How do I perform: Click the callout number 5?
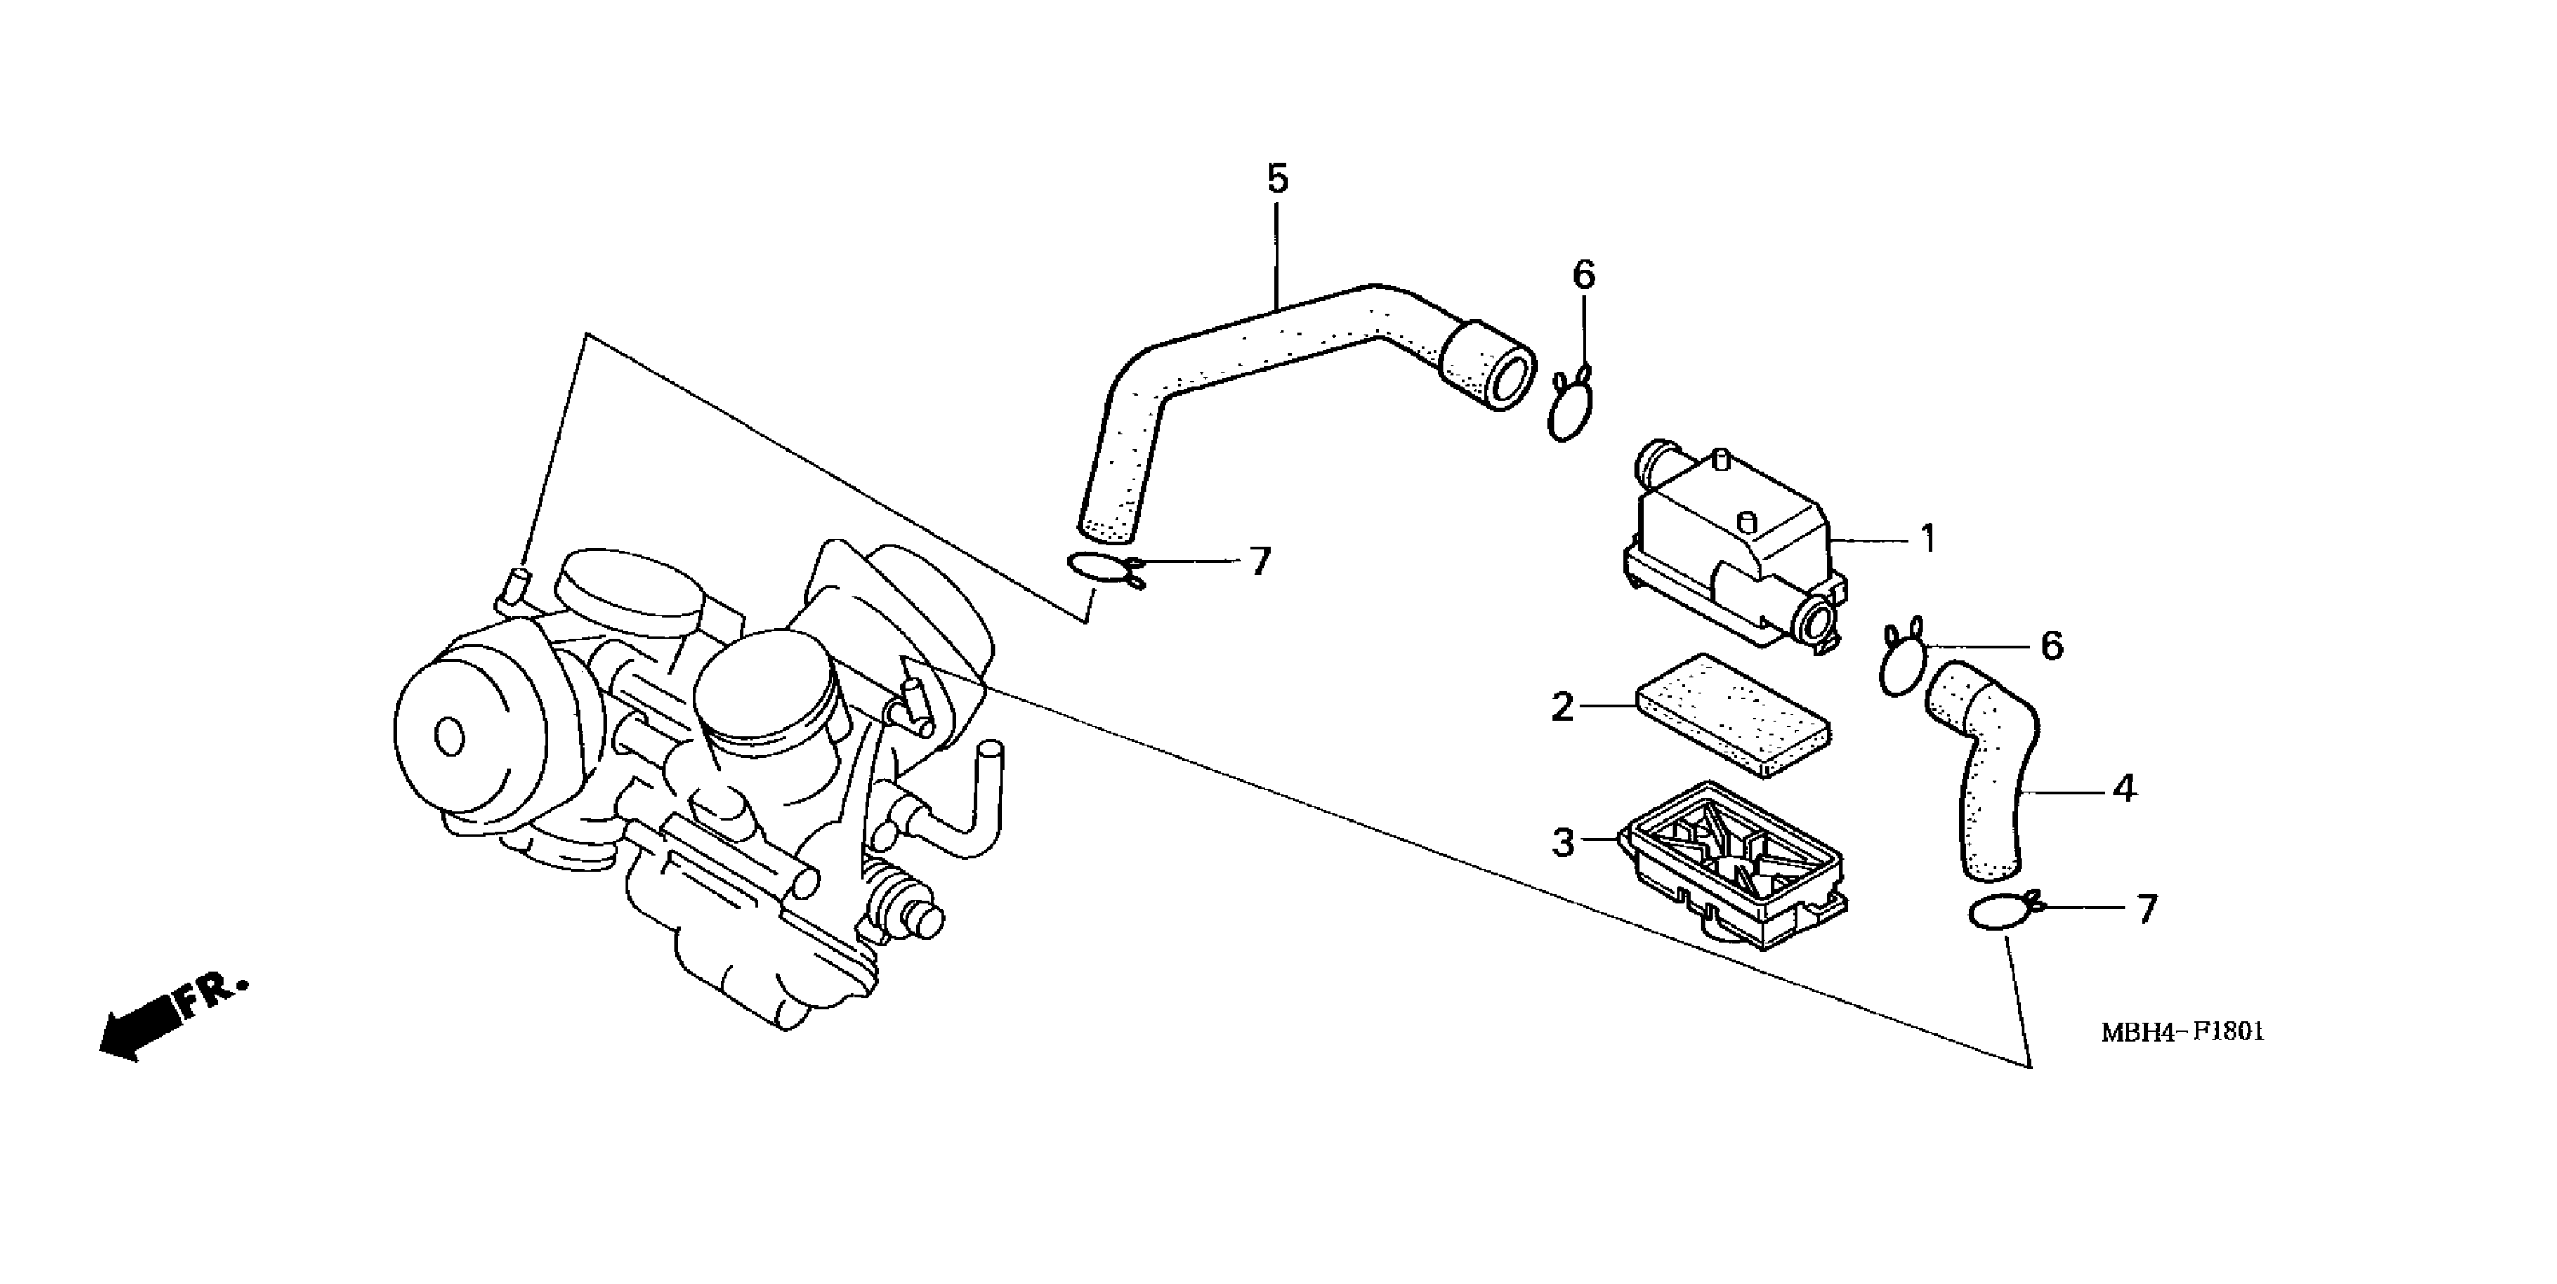[1277, 180]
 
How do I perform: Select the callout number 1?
[1927, 540]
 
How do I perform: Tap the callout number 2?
[1562, 708]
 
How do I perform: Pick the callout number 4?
[2123, 790]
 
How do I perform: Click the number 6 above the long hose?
[1583, 275]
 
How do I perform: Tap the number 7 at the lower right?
[2146, 909]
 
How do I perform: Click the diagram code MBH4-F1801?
[2182, 1032]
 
